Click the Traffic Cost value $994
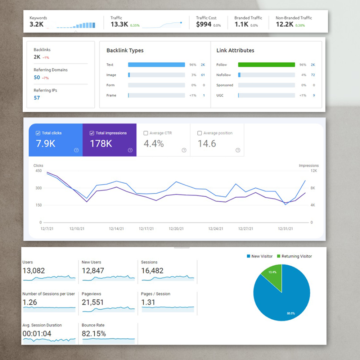click(204, 24)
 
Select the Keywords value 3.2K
click(36, 24)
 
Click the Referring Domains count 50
click(37, 77)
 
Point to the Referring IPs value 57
click(37, 98)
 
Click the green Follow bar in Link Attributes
click(266, 65)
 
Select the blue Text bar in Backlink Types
click(156, 65)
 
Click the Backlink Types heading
click(125, 50)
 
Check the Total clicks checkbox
click(38, 133)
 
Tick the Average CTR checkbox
click(146, 133)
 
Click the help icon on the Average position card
click(238, 150)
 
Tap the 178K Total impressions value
click(101, 144)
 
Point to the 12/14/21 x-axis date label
click(116, 229)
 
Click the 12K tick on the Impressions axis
click(313, 171)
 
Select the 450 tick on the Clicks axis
click(38, 171)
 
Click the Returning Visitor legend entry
click(294, 256)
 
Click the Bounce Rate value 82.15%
click(94, 334)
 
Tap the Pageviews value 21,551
click(93, 302)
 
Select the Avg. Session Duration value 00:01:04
click(37, 334)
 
